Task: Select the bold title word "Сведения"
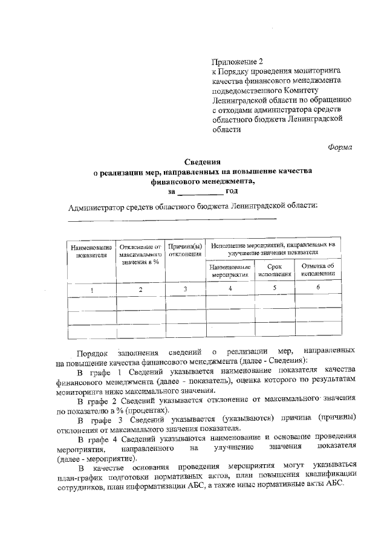[203, 161]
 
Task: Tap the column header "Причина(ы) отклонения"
[185, 250]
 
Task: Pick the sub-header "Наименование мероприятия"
[231, 270]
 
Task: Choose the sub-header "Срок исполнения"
[275, 270]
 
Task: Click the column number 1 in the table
[92, 290]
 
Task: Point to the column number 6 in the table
[318, 288]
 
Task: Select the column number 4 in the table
[230, 289]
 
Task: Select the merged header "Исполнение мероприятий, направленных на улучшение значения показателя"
[273, 249]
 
